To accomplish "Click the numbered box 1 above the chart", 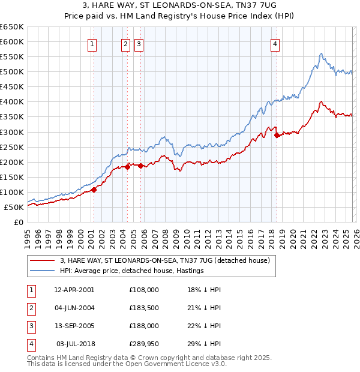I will click(x=93, y=44).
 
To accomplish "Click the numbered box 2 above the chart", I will click(x=126, y=44).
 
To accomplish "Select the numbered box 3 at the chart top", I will click(x=139, y=44).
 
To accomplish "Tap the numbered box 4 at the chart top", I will click(x=275, y=44).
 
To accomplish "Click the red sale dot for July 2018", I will click(x=277, y=135).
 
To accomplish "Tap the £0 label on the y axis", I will click(x=18, y=222).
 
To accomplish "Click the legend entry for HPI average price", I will click(x=131, y=271).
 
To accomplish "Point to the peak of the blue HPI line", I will click(x=321, y=53).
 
